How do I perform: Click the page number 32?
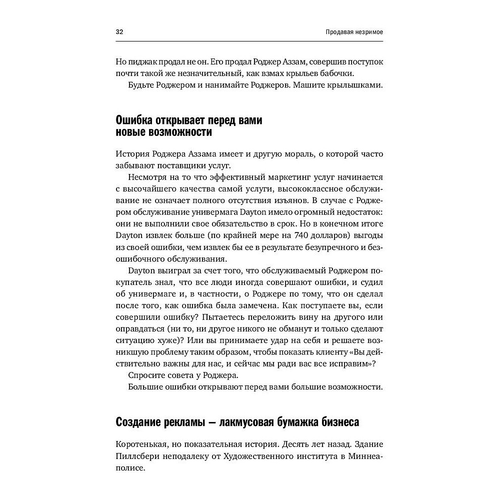(119, 32)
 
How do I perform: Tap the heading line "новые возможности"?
(163, 133)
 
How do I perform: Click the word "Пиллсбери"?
(135, 456)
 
